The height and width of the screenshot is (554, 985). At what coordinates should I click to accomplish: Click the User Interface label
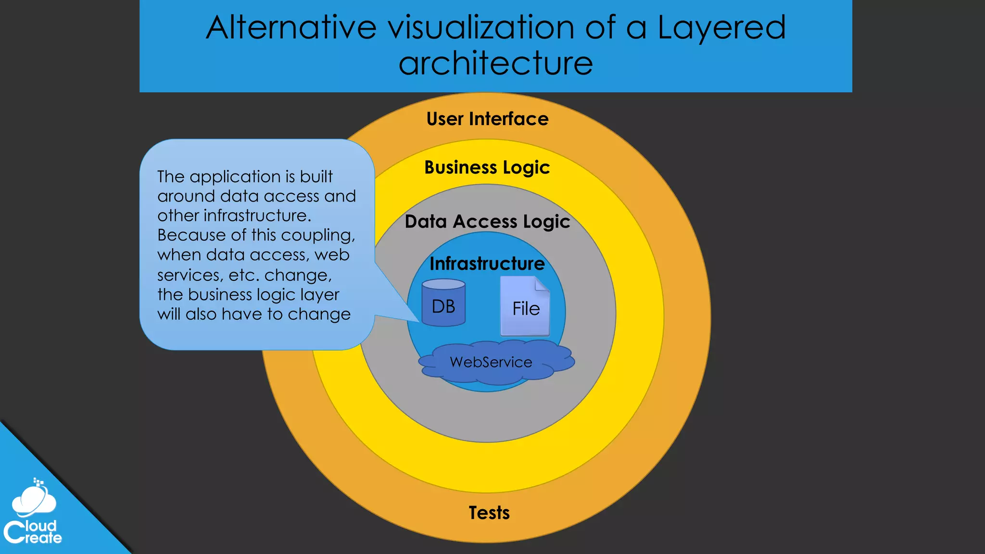487,119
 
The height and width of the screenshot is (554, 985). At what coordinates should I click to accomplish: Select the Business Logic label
487,167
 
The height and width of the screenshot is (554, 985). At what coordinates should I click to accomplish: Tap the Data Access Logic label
487,222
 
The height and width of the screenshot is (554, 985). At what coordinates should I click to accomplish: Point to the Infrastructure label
487,264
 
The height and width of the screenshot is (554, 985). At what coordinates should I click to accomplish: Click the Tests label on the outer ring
489,513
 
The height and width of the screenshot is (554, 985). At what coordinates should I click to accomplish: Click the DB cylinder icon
443,303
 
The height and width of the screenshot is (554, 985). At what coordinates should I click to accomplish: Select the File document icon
525,307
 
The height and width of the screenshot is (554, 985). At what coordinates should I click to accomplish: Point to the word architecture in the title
495,63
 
